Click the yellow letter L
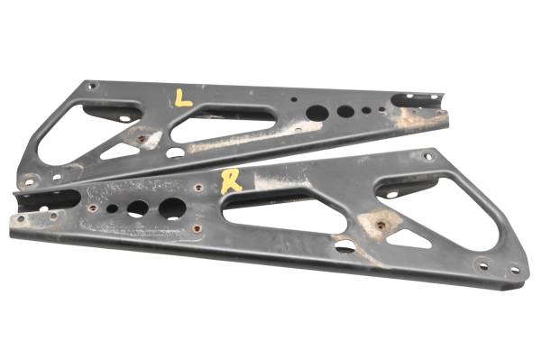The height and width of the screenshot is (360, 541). point(183,97)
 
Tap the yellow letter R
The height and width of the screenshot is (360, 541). point(232,181)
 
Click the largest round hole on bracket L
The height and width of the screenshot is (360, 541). point(316,114)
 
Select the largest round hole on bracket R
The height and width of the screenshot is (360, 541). point(172,208)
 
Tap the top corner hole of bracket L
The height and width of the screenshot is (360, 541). point(92,87)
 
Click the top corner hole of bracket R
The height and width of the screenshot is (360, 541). point(428,157)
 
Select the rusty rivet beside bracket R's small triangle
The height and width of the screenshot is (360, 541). point(380,225)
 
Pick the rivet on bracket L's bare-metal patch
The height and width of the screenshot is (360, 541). point(140,139)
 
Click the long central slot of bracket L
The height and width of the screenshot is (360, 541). point(225,124)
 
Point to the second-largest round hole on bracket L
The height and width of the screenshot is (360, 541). point(345,112)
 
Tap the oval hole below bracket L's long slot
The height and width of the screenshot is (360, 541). point(176,152)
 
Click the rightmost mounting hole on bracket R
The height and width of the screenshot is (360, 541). point(515,269)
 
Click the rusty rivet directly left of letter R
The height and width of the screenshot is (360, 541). point(198,189)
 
